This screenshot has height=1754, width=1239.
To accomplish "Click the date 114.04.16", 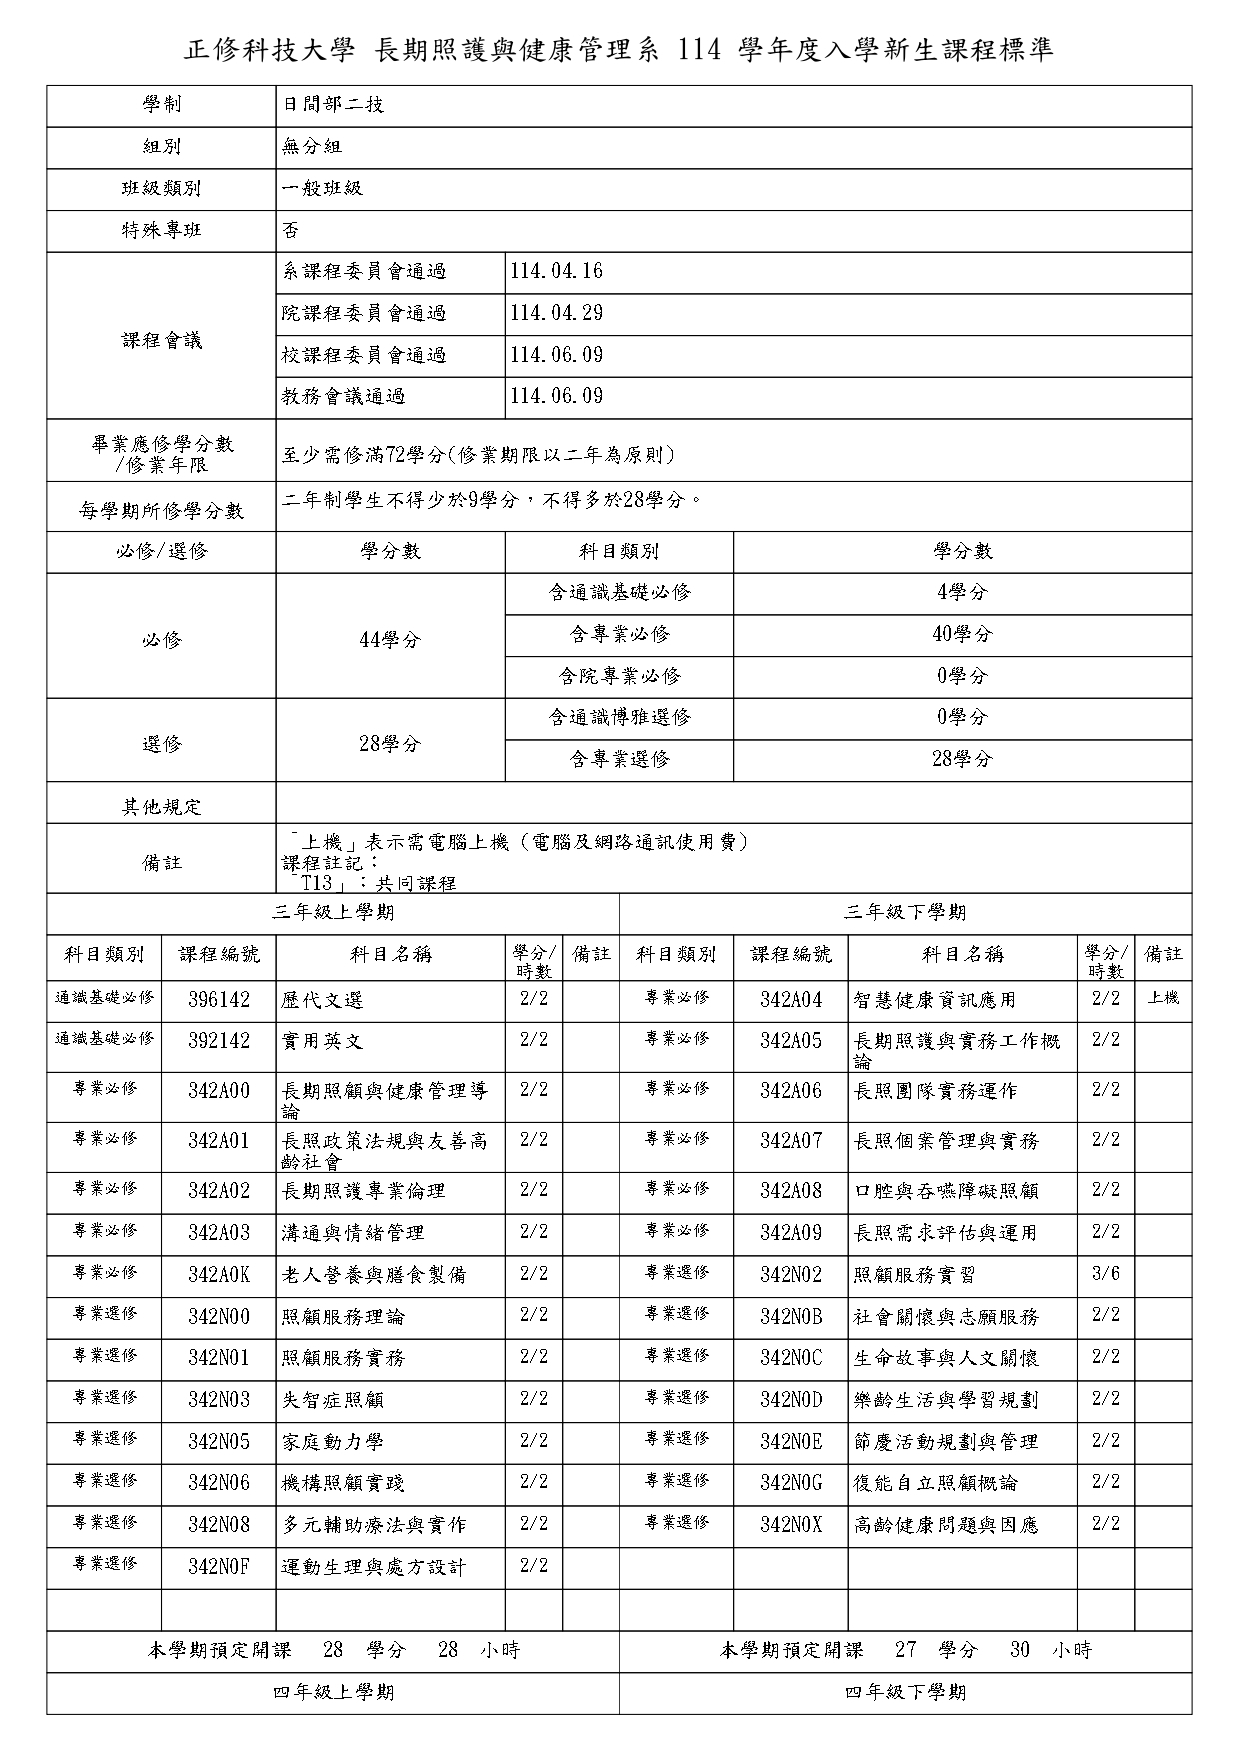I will (x=556, y=272).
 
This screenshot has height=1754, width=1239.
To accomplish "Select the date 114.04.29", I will (x=556, y=314).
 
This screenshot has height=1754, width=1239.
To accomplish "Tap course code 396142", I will (x=219, y=1000).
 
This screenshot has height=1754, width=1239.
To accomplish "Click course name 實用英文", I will (x=322, y=1042).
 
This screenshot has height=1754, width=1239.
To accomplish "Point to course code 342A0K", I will (x=219, y=1275).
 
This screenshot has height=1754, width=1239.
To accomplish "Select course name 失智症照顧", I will (x=333, y=1400).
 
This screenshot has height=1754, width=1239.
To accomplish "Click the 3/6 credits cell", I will (x=1105, y=1274).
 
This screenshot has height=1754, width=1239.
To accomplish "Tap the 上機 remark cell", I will (x=1163, y=998).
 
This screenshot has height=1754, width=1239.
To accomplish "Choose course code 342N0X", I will (x=791, y=1525).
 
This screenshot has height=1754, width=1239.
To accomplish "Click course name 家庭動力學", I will (x=333, y=1442).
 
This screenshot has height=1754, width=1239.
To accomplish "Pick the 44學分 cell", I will (x=390, y=640).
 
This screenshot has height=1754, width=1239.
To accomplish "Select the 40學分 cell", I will (x=962, y=634).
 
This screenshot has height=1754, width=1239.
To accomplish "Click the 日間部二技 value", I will (x=333, y=105).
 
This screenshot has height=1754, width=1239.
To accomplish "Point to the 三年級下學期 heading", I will (x=905, y=912).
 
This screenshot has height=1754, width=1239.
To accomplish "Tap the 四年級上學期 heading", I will (x=333, y=1692).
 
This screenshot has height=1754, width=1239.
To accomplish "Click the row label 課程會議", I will (x=161, y=341).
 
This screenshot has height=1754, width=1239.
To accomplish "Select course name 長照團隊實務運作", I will (x=935, y=1091).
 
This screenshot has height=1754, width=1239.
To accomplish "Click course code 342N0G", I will (x=791, y=1483).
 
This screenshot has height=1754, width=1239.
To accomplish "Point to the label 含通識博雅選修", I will (x=619, y=717).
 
